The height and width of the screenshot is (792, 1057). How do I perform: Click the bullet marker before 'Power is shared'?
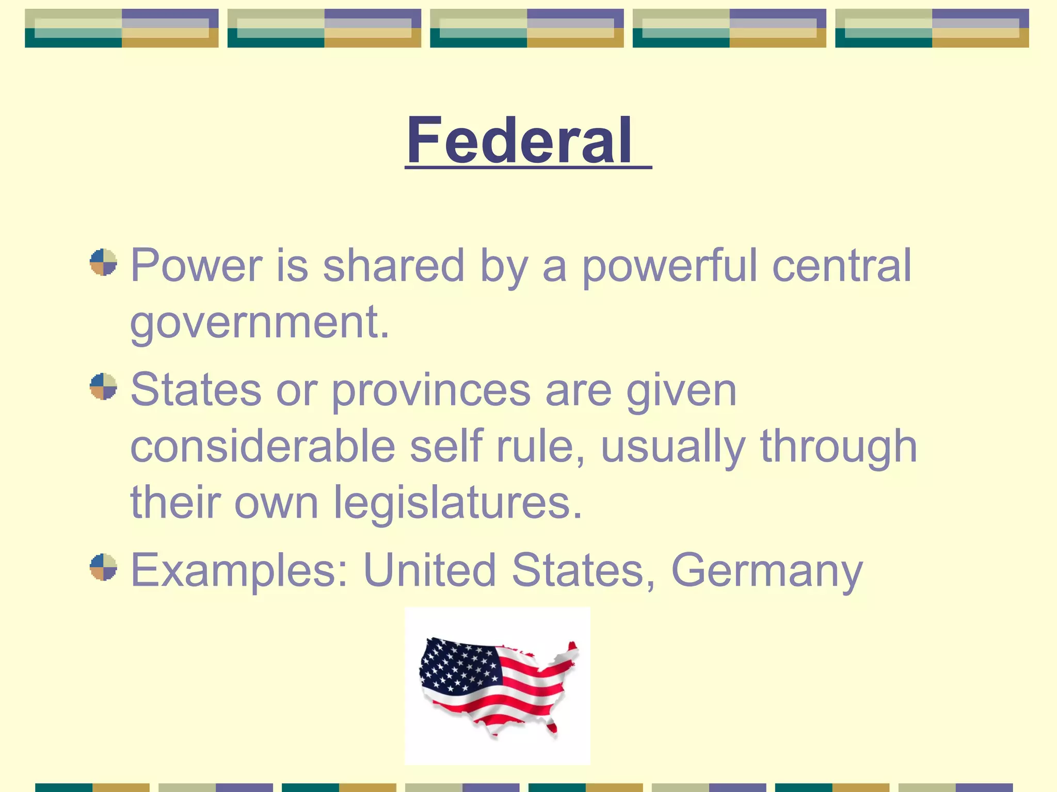pyautogui.click(x=103, y=262)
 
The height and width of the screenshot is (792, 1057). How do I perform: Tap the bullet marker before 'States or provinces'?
pyautogui.click(x=103, y=386)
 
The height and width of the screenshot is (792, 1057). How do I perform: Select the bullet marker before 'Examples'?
pyautogui.click(x=103, y=567)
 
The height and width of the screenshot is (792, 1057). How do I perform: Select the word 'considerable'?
pyautogui.click(x=263, y=446)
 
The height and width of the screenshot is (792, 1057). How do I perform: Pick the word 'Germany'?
pyautogui.click(x=766, y=570)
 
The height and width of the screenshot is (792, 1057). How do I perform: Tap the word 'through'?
pyautogui.click(x=838, y=446)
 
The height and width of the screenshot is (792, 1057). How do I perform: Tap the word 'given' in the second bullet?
pyautogui.click(x=681, y=391)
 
